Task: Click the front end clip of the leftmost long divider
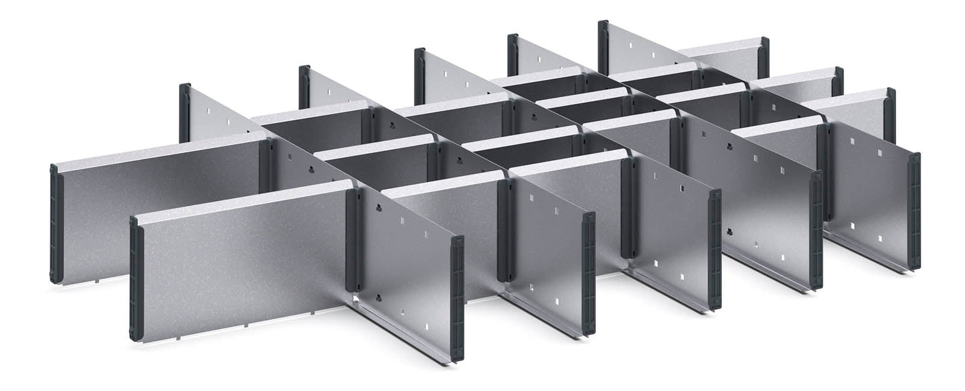tap(457, 298)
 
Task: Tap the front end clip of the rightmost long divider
tap(913, 211)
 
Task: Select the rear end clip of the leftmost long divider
tap(185, 112)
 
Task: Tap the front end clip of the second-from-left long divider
tap(588, 273)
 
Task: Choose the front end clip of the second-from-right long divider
tap(816, 230)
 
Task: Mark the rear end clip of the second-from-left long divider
tap(304, 87)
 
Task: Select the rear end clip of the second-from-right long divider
tap(513, 55)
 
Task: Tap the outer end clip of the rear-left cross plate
tap(55, 223)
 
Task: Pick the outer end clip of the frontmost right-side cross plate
tap(890, 115)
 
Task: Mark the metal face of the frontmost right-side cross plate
tap(851, 115)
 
